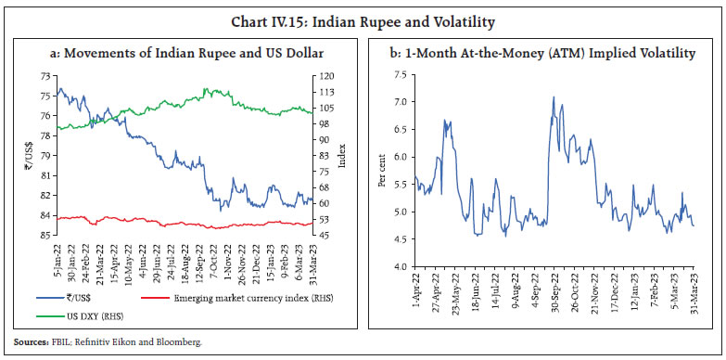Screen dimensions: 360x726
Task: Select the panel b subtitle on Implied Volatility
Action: pyautogui.click(x=542, y=54)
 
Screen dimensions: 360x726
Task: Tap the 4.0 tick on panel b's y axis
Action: pyautogui.click(x=400, y=267)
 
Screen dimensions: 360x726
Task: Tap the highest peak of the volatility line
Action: pyautogui.click(x=554, y=96)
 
